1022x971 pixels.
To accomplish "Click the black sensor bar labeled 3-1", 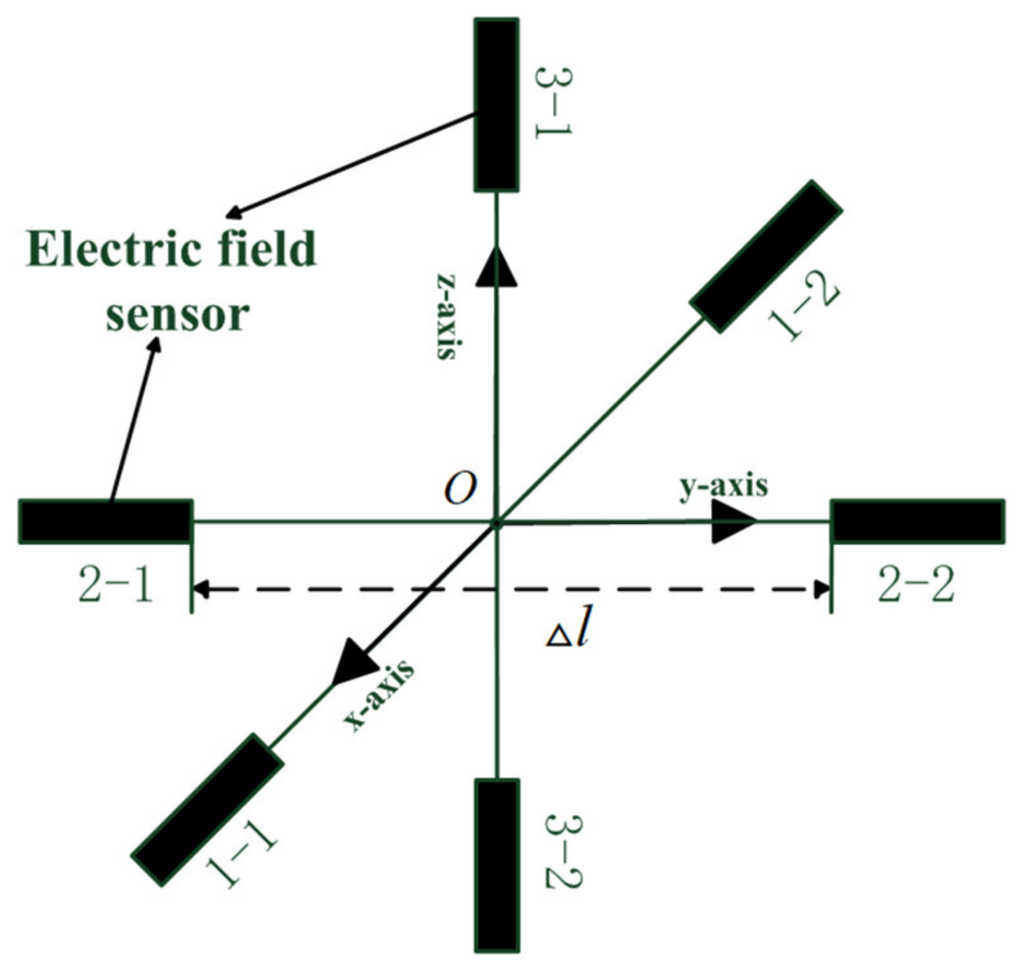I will click(497, 105).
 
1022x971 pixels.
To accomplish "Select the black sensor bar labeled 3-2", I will click(497, 865).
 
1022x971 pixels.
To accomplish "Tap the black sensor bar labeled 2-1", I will click(106, 521).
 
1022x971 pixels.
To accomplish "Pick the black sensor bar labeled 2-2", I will click(918, 521).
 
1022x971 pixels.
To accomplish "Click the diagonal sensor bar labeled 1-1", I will click(207, 809).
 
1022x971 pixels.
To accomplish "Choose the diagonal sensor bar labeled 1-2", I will click(766, 256).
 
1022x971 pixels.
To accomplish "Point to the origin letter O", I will click(460, 490).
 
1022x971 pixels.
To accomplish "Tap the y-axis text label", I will click(724, 486).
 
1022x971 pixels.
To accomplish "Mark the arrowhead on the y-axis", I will click(734, 521).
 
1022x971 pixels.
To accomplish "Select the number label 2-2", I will click(916, 586).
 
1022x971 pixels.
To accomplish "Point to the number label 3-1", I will click(553, 101).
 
